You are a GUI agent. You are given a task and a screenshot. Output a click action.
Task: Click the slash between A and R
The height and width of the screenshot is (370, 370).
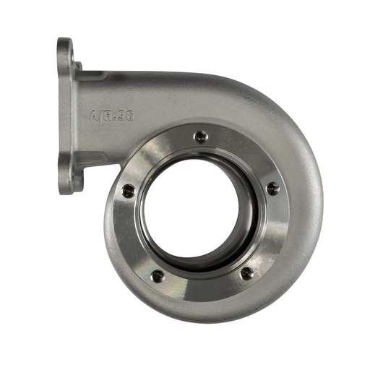click(101, 113)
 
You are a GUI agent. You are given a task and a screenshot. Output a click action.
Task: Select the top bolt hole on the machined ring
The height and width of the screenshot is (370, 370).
click(201, 135)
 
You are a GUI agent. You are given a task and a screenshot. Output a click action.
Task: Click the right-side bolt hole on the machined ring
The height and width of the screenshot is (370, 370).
click(272, 189)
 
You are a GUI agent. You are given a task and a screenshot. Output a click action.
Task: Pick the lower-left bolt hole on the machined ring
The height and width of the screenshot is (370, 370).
click(157, 275)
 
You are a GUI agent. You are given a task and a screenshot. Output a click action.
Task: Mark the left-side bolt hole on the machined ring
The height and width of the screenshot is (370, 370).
click(128, 191)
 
